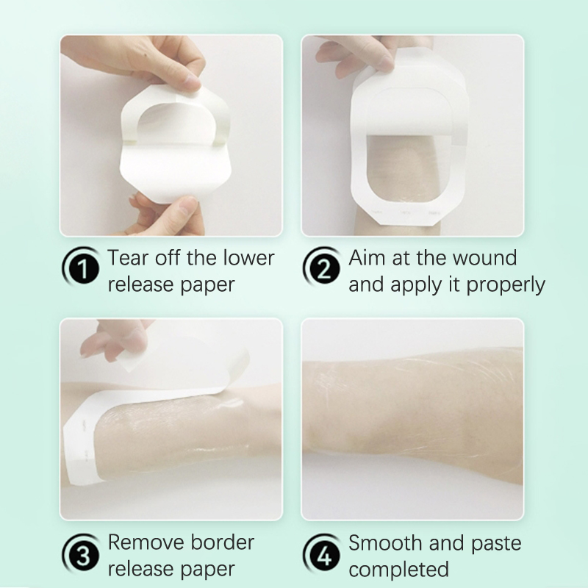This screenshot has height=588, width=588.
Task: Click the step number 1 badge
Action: coord(82,268)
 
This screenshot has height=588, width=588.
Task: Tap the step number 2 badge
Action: coord(323,268)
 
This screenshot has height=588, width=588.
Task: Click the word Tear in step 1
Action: coord(129,258)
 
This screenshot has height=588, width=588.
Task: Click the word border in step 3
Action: coord(223,542)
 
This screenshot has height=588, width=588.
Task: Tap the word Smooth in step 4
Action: coord(385,543)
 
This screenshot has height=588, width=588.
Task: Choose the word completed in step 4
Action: coord(398,569)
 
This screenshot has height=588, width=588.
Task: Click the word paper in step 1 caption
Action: coord(208,285)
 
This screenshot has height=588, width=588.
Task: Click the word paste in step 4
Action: coord(496,544)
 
